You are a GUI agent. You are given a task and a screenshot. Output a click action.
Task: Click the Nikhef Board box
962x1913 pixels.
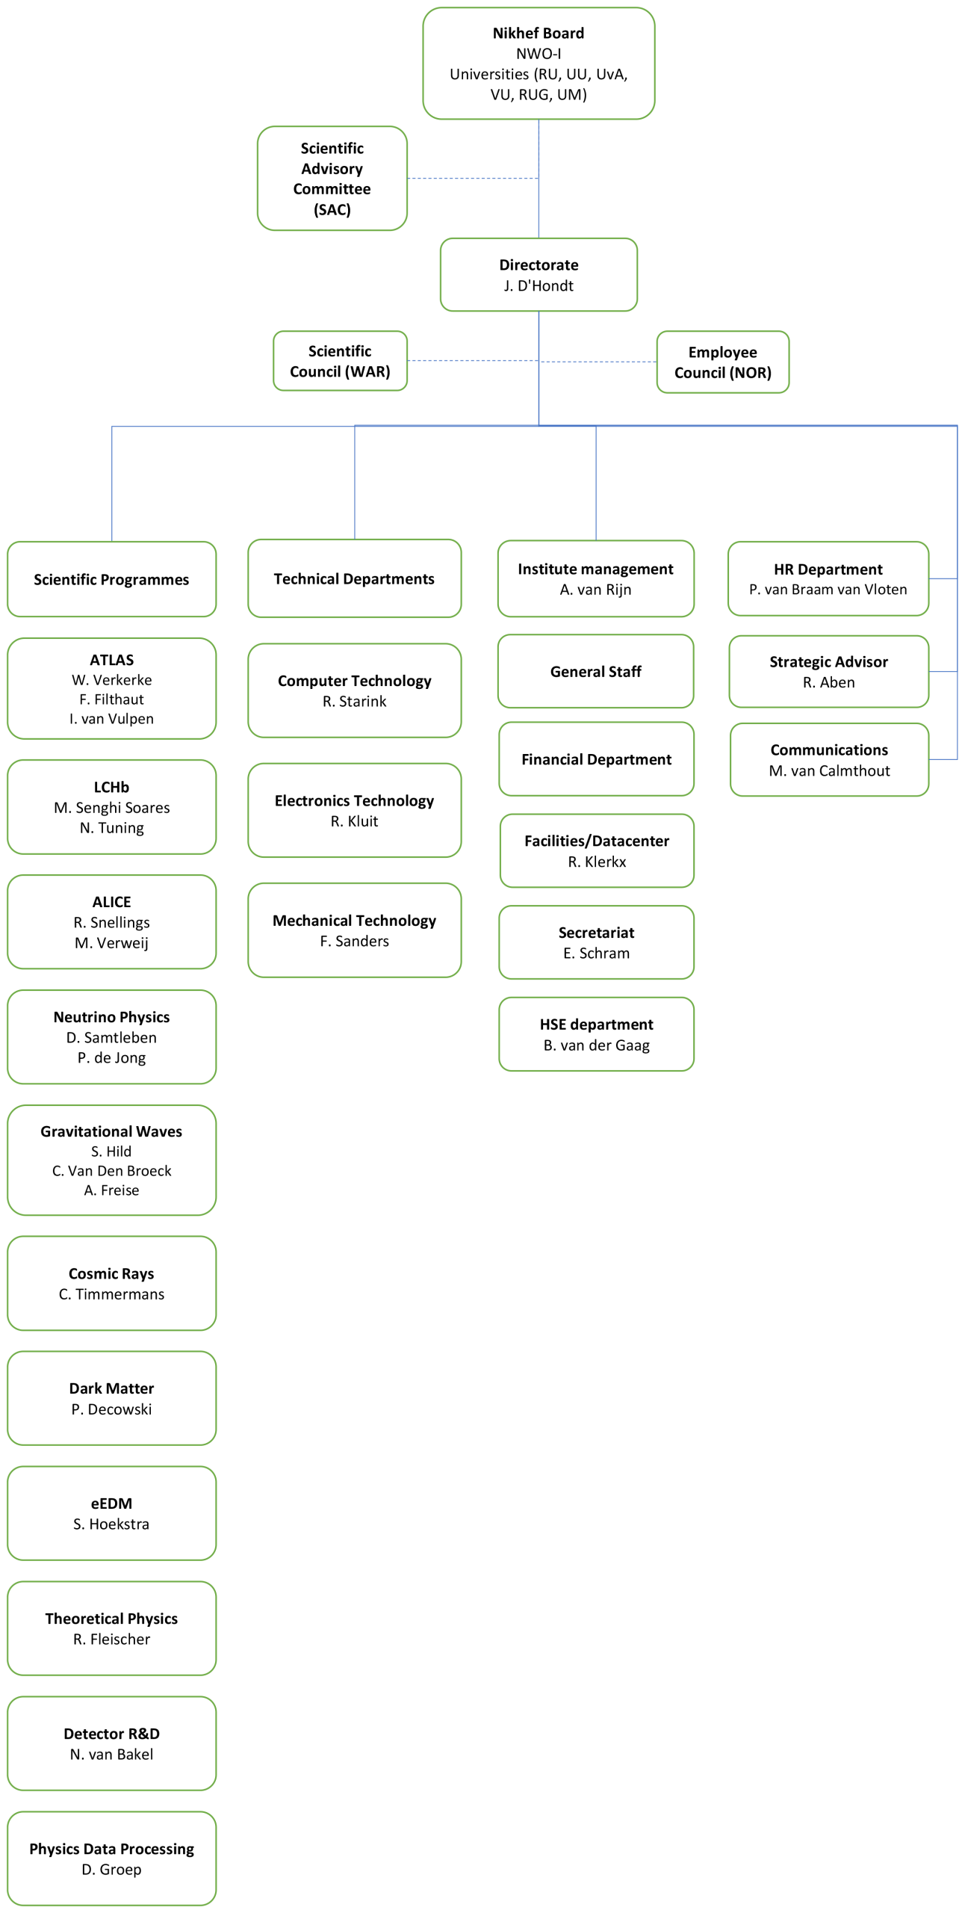click(539, 64)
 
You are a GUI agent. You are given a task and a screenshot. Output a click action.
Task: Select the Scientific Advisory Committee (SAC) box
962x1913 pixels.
click(332, 179)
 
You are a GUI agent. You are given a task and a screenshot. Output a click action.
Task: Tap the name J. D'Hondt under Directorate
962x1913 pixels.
click(539, 286)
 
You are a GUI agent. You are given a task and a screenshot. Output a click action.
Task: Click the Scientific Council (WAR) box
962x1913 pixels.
click(340, 362)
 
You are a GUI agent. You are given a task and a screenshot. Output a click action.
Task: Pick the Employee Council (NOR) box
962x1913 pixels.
click(722, 362)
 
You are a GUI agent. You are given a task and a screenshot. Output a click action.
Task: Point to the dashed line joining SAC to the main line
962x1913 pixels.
click(473, 179)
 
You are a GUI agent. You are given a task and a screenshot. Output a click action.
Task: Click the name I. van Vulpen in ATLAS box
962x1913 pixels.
click(111, 719)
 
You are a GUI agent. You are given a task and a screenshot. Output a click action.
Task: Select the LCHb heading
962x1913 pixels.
click(111, 787)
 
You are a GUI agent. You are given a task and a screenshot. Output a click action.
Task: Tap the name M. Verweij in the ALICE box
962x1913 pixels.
click(111, 943)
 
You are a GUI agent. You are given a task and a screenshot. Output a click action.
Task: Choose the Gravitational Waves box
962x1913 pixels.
click(111, 1160)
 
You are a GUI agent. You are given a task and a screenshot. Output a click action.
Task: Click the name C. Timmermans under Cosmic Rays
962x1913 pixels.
click(111, 1294)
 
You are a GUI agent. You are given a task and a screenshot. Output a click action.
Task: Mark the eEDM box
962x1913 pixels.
click(111, 1513)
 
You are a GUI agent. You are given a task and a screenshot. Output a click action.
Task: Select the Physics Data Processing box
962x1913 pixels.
click(111, 1858)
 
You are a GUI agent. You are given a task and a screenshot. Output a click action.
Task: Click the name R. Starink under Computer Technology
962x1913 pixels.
click(355, 702)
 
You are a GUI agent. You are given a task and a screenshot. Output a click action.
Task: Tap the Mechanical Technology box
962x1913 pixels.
click(355, 930)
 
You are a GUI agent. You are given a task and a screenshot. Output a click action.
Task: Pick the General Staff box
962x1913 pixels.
click(596, 672)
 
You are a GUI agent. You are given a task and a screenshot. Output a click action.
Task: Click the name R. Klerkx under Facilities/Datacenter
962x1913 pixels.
click(597, 862)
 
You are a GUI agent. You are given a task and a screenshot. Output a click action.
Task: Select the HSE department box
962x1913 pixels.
click(596, 1034)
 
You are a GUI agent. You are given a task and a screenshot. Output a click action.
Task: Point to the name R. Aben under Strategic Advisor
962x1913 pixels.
click(829, 683)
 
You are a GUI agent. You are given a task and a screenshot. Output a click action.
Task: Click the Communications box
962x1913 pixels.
click(829, 760)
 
